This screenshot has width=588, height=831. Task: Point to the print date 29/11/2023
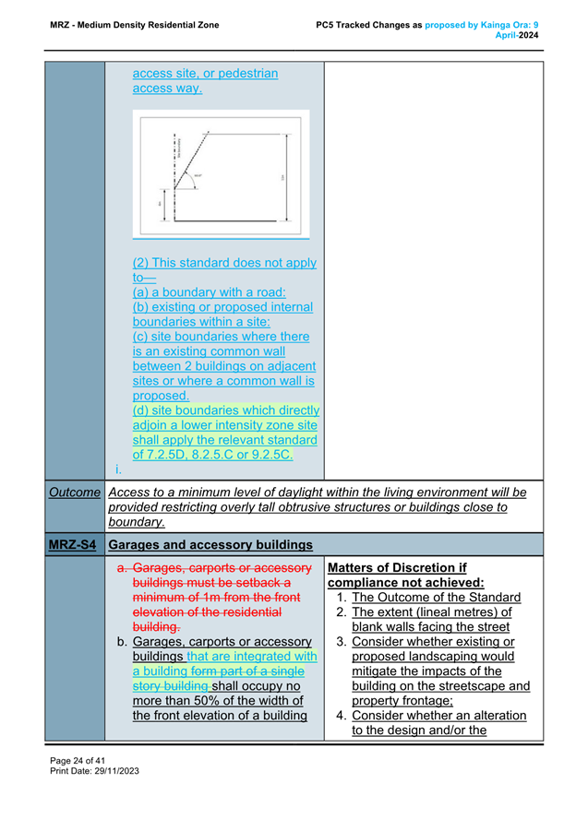point(114,770)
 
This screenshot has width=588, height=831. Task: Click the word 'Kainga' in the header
point(498,24)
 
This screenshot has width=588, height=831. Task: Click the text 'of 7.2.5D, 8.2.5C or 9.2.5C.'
point(213,454)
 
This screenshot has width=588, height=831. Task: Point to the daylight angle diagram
point(222,173)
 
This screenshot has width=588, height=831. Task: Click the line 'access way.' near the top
point(167,89)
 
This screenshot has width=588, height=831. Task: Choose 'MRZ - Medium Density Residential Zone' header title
point(135,24)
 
